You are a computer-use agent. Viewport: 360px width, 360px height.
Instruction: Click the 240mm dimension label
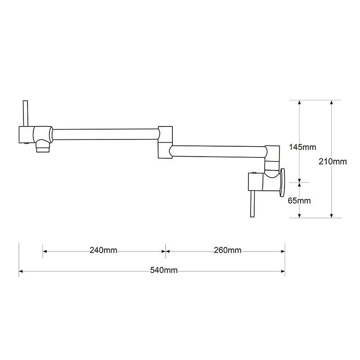(x=103, y=250)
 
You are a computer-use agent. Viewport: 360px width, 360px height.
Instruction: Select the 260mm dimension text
(x=228, y=250)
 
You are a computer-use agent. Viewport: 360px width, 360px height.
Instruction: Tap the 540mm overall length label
(x=164, y=270)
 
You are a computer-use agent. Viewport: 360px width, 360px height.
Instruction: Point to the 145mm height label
(x=302, y=147)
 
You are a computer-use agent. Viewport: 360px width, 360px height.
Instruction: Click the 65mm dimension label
(x=299, y=201)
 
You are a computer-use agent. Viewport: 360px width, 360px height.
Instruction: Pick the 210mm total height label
(x=333, y=162)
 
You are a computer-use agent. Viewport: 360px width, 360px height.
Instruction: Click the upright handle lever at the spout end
(x=26, y=113)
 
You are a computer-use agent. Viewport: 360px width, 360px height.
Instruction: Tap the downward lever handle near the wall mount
(x=252, y=204)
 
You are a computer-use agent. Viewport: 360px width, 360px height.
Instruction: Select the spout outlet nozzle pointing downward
(x=43, y=146)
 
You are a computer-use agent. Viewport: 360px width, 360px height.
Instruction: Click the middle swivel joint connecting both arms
(x=165, y=142)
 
